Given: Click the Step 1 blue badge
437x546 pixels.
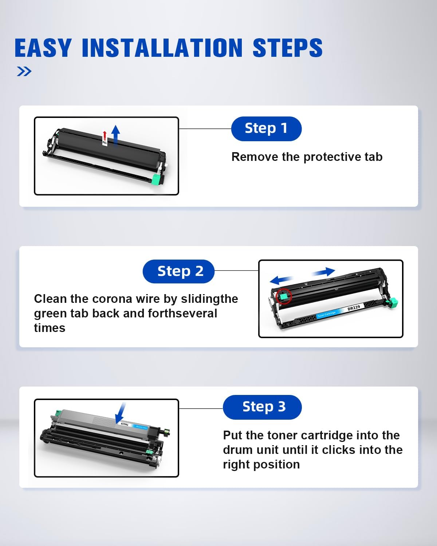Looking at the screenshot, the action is pyautogui.click(x=266, y=128).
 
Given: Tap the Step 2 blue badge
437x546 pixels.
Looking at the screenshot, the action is pyautogui.click(x=178, y=271).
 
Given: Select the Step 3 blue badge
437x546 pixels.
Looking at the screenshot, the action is pyautogui.click(x=262, y=407).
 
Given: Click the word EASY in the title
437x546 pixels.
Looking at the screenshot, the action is pyautogui.click(x=43, y=48).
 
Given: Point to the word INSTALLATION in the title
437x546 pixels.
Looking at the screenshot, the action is pyautogui.click(x=162, y=48).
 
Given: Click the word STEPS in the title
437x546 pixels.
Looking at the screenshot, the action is pyautogui.click(x=288, y=48).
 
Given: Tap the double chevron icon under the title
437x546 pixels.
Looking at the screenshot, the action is pyautogui.click(x=24, y=71).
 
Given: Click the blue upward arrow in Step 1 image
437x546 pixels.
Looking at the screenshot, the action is pyautogui.click(x=116, y=135).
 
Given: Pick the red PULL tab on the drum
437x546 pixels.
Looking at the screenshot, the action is pyautogui.click(x=105, y=138).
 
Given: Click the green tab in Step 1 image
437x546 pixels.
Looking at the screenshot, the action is pyautogui.click(x=155, y=179).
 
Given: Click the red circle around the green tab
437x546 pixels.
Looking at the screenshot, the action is pyautogui.click(x=284, y=296).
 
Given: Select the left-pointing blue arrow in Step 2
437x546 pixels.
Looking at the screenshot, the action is pyautogui.click(x=282, y=280).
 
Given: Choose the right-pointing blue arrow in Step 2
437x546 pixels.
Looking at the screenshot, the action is pyautogui.click(x=323, y=272).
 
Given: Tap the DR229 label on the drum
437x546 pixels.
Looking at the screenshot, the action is pyautogui.click(x=354, y=308).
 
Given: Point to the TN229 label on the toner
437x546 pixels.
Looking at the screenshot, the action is pyautogui.click(x=125, y=424).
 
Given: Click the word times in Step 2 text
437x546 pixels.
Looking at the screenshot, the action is pyautogui.click(x=50, y=328).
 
